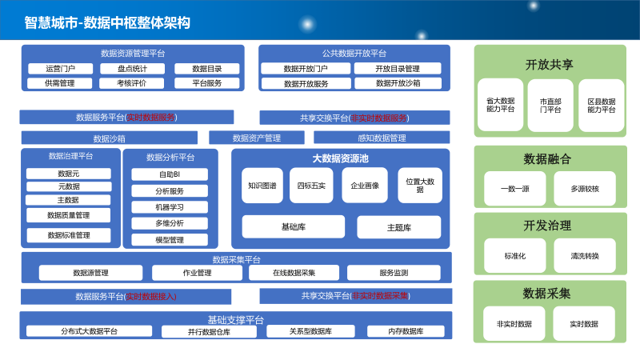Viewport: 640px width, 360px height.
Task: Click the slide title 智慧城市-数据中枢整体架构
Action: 107,22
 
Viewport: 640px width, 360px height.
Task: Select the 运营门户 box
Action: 60,69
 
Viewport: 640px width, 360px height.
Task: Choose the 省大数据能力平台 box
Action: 500,106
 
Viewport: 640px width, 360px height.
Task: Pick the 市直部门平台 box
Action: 550,106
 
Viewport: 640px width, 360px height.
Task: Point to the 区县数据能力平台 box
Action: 601,106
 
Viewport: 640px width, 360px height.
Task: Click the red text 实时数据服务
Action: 150,117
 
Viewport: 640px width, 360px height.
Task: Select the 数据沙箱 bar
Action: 109,138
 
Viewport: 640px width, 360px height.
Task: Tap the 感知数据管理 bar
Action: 382,138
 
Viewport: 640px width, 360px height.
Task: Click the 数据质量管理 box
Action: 68,215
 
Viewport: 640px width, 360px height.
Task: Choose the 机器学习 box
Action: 170,207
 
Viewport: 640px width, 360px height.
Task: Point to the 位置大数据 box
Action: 420,185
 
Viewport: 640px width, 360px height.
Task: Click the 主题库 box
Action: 398,227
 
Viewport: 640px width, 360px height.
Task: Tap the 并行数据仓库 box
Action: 209,331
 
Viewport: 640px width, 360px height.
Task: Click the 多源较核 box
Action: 585,189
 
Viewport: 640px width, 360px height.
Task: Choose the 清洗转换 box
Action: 585,256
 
